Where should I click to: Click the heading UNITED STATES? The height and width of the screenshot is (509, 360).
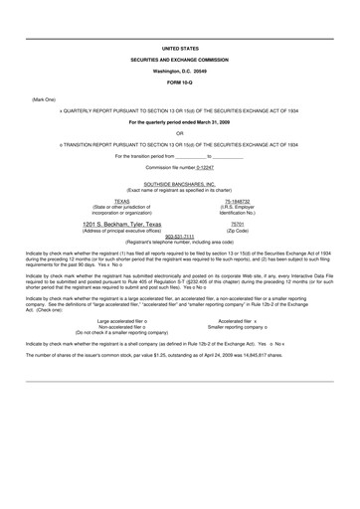tap(180, 48)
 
